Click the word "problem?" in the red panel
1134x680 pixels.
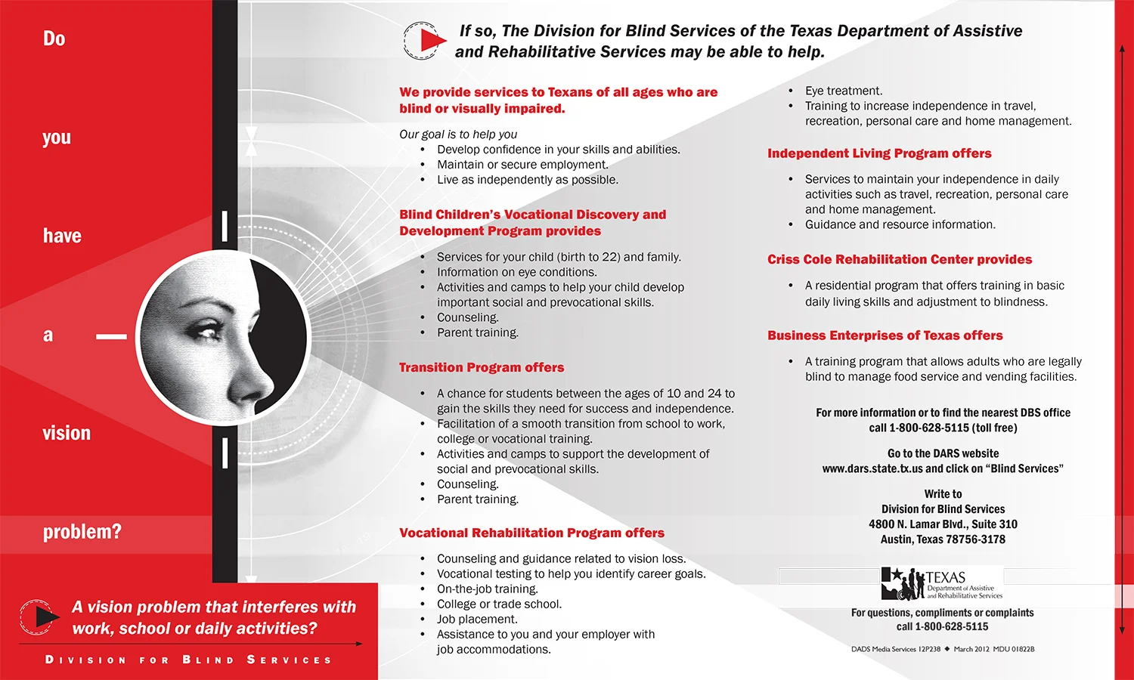(x=82, y=532)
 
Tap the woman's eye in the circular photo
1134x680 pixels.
(x=206, y=330)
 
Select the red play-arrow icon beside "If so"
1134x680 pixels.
(x=430, y=40)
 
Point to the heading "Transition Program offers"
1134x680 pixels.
(x=482, y=367)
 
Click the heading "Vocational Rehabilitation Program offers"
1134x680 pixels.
(x=531, y=533)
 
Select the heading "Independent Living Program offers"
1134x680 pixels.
(x=879, y=153)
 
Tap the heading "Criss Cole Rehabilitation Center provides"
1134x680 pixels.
(x=900, y=259)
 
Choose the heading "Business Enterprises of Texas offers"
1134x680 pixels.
(x=885, y=335)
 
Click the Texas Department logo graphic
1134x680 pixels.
(x=942, y=583)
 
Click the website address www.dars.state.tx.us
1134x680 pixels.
(x=872, y=468)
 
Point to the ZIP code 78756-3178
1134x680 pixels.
(x=969, y=539)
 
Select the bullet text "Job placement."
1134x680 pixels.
(x=477, y=619)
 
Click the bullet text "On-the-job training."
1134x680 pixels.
(x=488, y=589)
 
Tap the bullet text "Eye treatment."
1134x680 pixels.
(x=844, y=91)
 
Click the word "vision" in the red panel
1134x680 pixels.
(x=67, y=433)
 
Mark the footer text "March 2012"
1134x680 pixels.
(x=971, y=649)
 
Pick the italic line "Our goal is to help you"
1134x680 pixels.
(x=458, y=134)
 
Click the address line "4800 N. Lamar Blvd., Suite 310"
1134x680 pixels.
(x=943, y=524)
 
